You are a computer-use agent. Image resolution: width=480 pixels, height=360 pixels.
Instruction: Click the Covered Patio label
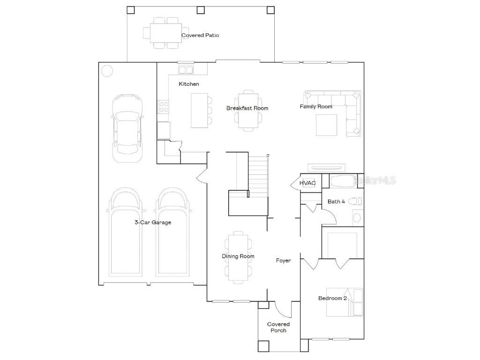pos(200,35)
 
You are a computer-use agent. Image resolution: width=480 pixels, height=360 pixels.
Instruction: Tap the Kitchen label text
pos(189,84)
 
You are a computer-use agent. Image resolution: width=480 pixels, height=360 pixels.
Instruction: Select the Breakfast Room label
pos(247,108)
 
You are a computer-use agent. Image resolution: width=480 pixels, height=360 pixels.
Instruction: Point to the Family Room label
pos(316,106)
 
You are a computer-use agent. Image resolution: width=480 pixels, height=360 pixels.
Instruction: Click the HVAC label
pos(307,183)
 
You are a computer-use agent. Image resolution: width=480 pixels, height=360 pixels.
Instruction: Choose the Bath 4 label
pos(336,202)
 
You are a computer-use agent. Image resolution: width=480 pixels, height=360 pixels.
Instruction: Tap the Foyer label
pos(283,261)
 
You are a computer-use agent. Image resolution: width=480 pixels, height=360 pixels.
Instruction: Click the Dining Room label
pos(238,256)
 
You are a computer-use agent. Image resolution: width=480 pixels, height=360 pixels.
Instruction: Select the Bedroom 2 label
pos(332,298)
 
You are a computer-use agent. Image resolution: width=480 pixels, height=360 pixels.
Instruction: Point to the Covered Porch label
pos(278,327)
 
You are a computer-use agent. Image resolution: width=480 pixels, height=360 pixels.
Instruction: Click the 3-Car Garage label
pos(153,223)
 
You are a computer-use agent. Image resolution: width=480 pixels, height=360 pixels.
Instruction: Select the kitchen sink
pos(186,70)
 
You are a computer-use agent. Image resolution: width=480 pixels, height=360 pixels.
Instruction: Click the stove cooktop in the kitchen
pos(163,107)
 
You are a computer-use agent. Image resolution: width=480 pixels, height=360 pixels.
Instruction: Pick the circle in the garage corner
pos(107,71)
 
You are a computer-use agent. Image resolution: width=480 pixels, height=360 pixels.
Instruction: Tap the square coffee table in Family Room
pos(326,125)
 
